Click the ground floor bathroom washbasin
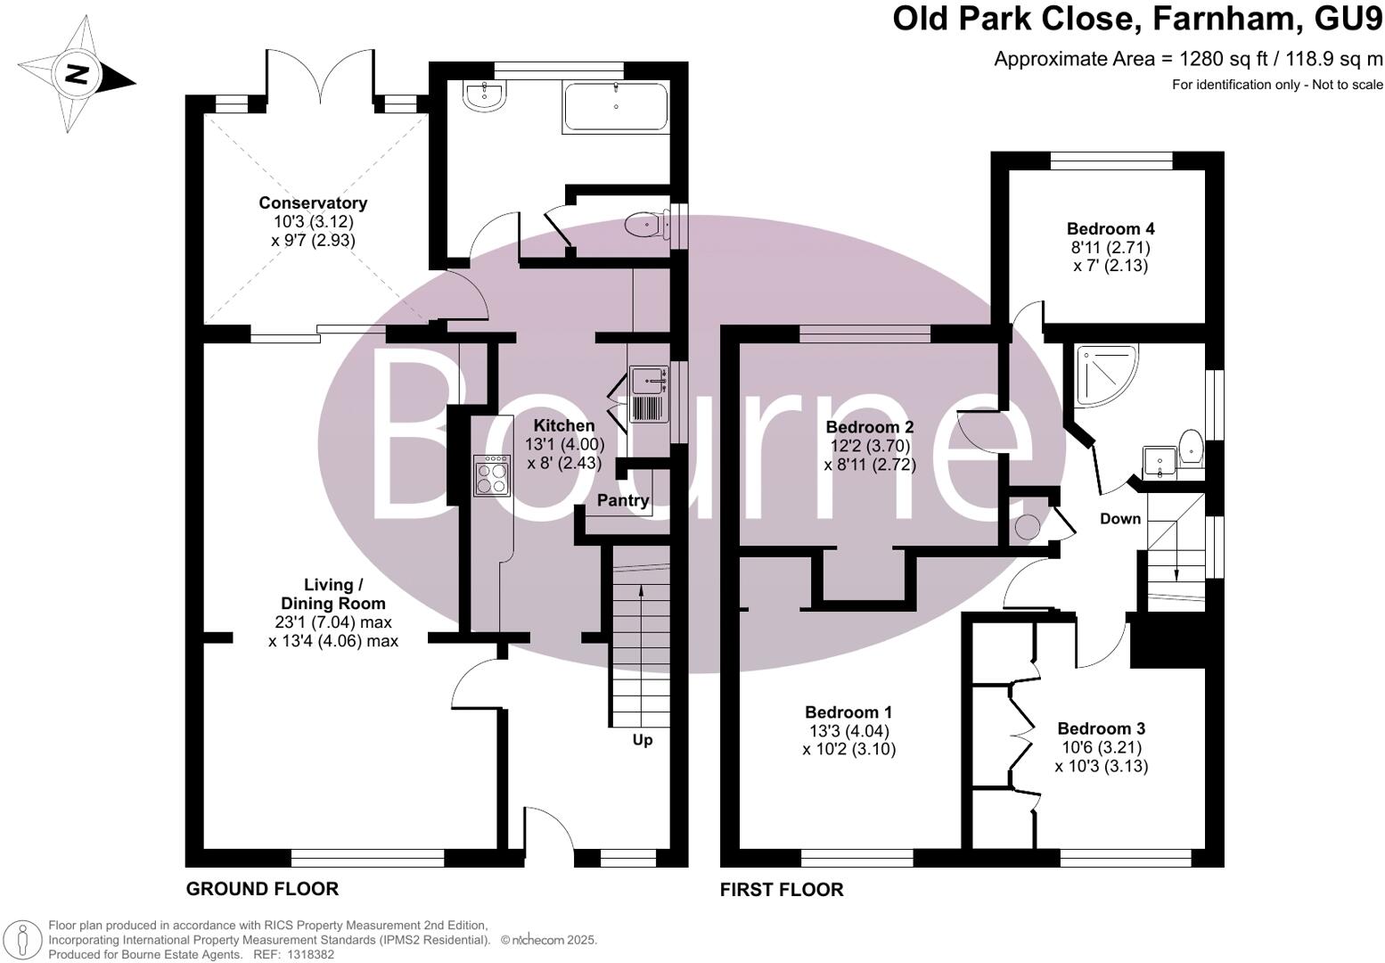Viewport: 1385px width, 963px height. [485, 97]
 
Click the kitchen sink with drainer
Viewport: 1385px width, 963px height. [648, 394]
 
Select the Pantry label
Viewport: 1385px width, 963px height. [623, 501]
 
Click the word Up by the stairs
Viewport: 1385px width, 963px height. [643, 740]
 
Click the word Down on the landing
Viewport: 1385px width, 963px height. [1120, 519]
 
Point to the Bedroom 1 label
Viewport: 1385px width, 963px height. [848, 712]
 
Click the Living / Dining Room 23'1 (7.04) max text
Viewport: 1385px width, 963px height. [333, 622]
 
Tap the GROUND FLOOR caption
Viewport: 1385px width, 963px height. [262, 889]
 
